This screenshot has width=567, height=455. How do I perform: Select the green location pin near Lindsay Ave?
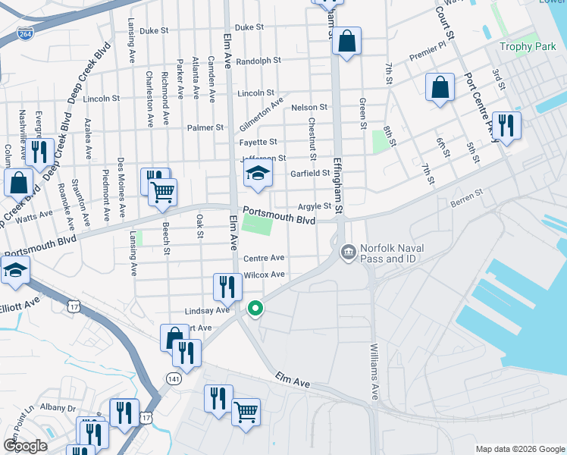255,309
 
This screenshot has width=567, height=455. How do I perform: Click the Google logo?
25,445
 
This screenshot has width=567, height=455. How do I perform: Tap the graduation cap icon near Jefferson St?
258,174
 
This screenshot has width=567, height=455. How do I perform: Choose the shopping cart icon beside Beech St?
162,193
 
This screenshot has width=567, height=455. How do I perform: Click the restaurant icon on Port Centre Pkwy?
506,125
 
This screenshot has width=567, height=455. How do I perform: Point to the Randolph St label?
258,60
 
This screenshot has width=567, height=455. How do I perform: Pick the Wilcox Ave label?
264,275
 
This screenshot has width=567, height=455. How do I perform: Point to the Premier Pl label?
428,50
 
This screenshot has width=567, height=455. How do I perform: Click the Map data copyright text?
519,448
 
